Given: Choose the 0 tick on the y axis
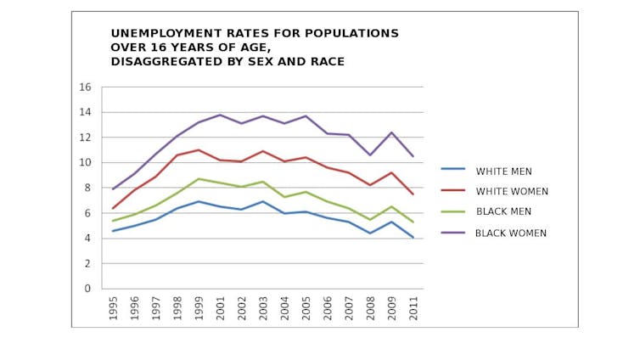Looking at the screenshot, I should [87, 289].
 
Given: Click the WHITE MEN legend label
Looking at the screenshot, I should [503, 172].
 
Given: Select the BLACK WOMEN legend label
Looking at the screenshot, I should [510, 233].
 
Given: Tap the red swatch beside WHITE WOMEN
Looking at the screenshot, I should [452, 191].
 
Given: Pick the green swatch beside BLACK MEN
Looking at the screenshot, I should [452, 211].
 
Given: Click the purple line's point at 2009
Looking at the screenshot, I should [391, 132].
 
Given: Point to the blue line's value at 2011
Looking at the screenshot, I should [413, 238].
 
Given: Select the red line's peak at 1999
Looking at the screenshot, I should [198, 150].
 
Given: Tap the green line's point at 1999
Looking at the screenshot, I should [198, 179].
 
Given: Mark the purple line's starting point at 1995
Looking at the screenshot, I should [112, 189].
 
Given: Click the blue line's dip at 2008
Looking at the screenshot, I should [370, 233].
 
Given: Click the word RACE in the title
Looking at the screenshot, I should [324, 62].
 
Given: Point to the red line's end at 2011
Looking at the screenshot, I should [413, 194].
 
